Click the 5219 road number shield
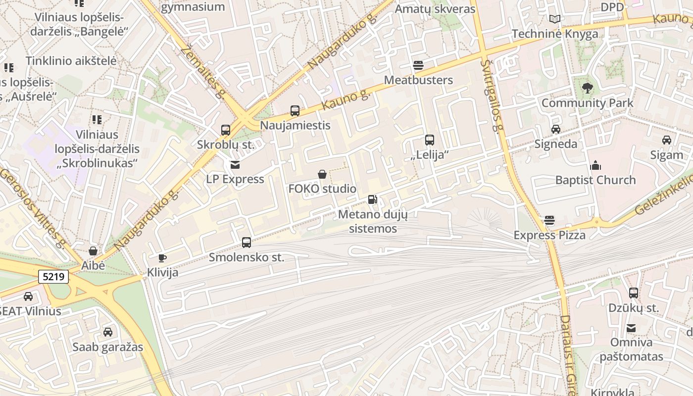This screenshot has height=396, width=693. click(x=53, y=277)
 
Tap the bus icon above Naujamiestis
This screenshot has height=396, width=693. click(x=295, y=111)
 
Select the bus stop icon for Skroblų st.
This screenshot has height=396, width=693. click(x=226, y=130)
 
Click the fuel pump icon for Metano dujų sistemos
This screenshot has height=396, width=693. click(x=372, y=199)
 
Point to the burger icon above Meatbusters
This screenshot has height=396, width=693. click(x=418, y=65)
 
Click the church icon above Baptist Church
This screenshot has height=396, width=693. click(x=595, y=165)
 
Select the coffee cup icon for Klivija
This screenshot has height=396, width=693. click(x=162, y=258)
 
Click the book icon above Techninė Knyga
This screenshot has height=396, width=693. click(x=555, y=19)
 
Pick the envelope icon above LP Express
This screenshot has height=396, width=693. click(x=235, y=164)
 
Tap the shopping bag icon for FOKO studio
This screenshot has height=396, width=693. click(x=322, y=174)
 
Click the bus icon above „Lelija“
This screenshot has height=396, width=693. click(x=430, y=140)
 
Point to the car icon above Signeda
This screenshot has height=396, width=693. click(x=556, y=129)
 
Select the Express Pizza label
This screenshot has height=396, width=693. click(x=549, y=235)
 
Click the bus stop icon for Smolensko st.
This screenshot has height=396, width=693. click(x=247, y=243)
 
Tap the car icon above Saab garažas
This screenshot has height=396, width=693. click(x=107, y=332)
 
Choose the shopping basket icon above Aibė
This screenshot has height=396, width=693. click(x=93, y=251)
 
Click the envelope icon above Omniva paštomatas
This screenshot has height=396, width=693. click(x=631, y=328)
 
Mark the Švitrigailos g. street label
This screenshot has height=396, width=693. click(x=492, y=97)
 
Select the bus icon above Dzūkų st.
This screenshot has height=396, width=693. click(x=634, y=293)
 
